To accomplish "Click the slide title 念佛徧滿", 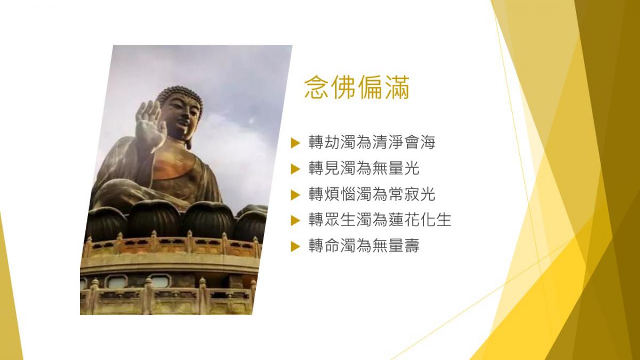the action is tap(357, 87).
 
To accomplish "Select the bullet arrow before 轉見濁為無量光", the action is tap(295, 169).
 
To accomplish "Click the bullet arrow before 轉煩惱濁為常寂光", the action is tap(295, 195).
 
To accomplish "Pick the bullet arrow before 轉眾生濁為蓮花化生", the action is tap(295, 221).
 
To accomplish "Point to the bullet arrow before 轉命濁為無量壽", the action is tap(295, 246).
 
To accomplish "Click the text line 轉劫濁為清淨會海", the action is tap(372, 142).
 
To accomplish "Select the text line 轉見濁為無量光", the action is tap(364, 169).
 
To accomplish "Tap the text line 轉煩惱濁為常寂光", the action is tap(372, 195).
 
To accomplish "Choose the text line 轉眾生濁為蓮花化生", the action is tap(380, 220).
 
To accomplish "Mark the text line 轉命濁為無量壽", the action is tap(364, 246).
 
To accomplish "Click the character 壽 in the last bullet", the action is tap(411, 246).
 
